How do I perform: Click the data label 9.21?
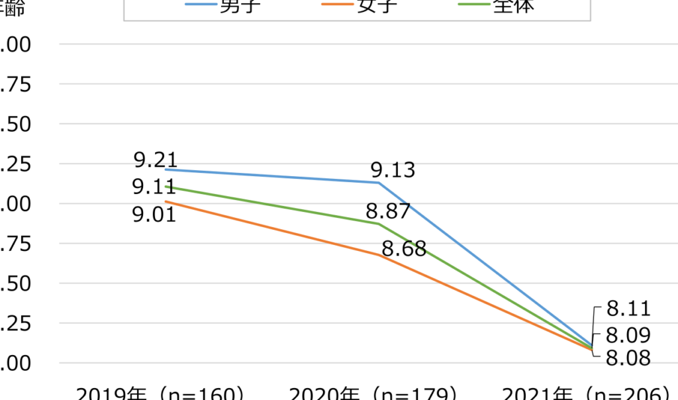[x=155, y=160]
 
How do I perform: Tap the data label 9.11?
[x=154, y=187]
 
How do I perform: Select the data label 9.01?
[x=154, y=214]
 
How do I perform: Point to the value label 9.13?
[x=393, y=170]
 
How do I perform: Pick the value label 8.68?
[x=404, y=250]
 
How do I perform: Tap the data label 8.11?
[x=629, y=308]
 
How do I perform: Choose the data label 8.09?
[x=629, y=334]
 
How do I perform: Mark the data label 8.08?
[x=629, y=358]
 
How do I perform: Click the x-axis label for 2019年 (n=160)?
[x=156, y=393]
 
